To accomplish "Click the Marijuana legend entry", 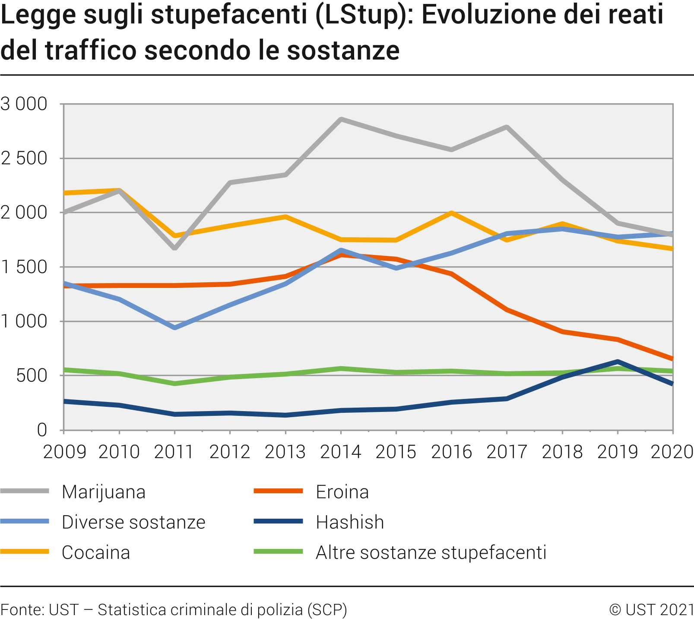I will (103, 492).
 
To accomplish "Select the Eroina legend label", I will (342, 492).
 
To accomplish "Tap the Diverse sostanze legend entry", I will (133, 522).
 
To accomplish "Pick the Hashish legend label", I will (350, 522).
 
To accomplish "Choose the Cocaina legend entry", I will (95, 552).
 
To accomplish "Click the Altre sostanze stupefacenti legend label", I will (431, 552).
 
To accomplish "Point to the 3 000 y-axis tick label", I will (24, 104).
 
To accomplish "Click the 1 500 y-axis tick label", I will (24, 267).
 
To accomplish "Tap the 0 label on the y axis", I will (42, 430).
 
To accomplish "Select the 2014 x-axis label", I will (341, 452).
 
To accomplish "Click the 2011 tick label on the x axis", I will (174, 452).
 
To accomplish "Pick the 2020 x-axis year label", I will (672, 452).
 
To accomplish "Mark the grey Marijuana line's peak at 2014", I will (341, 119).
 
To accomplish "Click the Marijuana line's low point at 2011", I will (174, 249).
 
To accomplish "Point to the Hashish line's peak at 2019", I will (618, 361).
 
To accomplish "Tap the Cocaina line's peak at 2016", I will (451, 213).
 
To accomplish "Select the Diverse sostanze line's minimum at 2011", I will (174, 328).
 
